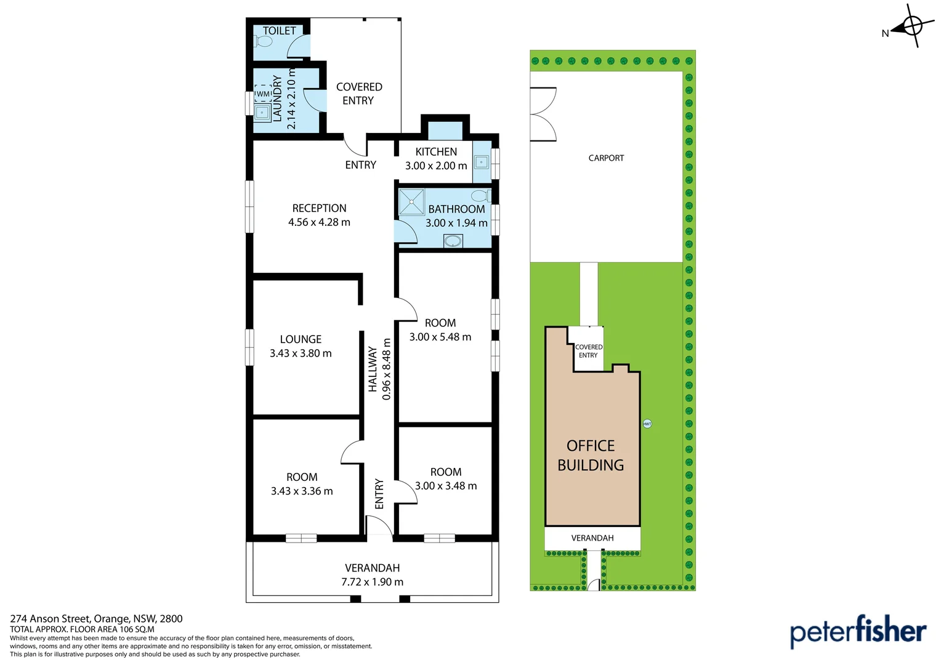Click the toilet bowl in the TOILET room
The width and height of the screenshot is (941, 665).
coord(264,42)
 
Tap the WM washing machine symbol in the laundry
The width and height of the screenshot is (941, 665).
coord(263,94)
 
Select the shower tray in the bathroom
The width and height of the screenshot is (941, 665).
coord(411,202)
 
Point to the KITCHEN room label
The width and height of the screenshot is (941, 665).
coord(436,151)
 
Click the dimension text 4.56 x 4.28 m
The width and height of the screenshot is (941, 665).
coord(319,222)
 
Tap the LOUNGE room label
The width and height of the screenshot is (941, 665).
coord(301,339)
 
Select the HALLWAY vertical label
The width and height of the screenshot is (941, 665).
coord(373,369)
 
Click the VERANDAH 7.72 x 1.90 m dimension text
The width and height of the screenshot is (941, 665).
coord(372,582)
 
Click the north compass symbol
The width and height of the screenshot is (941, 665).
coord(911,26)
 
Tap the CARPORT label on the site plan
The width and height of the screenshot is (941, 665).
coord(606,158)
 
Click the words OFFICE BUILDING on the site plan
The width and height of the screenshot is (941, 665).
coord(591,456)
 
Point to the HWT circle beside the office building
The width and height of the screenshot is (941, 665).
coord(647,424)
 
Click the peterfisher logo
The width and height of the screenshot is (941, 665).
coord(857,632)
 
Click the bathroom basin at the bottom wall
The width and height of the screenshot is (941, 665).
coord(453,241)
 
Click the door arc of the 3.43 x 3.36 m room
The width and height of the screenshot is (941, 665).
coord(351,453)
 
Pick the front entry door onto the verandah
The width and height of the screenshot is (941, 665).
coord(378,526)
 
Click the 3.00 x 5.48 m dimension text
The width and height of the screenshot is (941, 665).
coord(440,337)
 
